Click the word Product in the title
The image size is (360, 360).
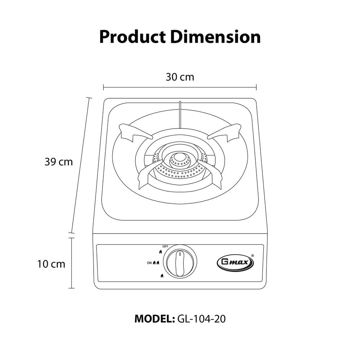click(x=132, y=37)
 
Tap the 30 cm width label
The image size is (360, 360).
click(x=180, y=77)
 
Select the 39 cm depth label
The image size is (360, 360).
click(x=59, y=162)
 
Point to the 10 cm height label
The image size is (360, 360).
click(x=51, y=264)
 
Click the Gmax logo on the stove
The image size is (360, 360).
click(x=235, y=262)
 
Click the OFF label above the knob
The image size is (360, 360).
click(x=165, y=246)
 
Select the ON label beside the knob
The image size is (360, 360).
click(x=149, y=263)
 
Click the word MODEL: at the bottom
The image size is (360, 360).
click(x=153, y=319)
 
